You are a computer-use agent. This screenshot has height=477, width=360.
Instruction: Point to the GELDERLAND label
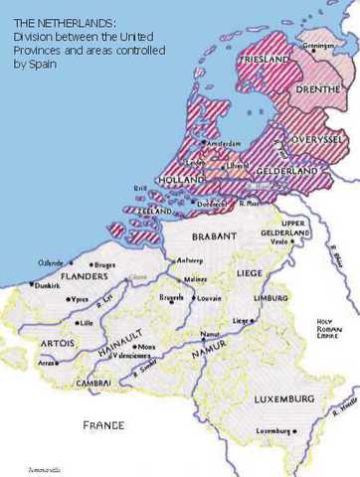284,172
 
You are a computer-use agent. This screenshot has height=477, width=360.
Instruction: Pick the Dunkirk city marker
33,285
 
